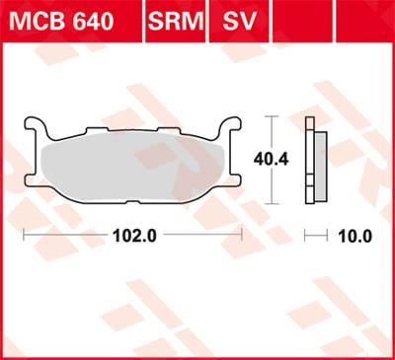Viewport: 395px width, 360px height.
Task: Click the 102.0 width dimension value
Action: (x=131, y=237)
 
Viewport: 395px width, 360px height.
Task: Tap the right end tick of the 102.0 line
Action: (x=242, y=237)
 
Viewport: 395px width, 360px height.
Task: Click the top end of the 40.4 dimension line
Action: (x=270, y=117)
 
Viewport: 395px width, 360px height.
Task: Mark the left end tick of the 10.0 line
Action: (x=305, y=237)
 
